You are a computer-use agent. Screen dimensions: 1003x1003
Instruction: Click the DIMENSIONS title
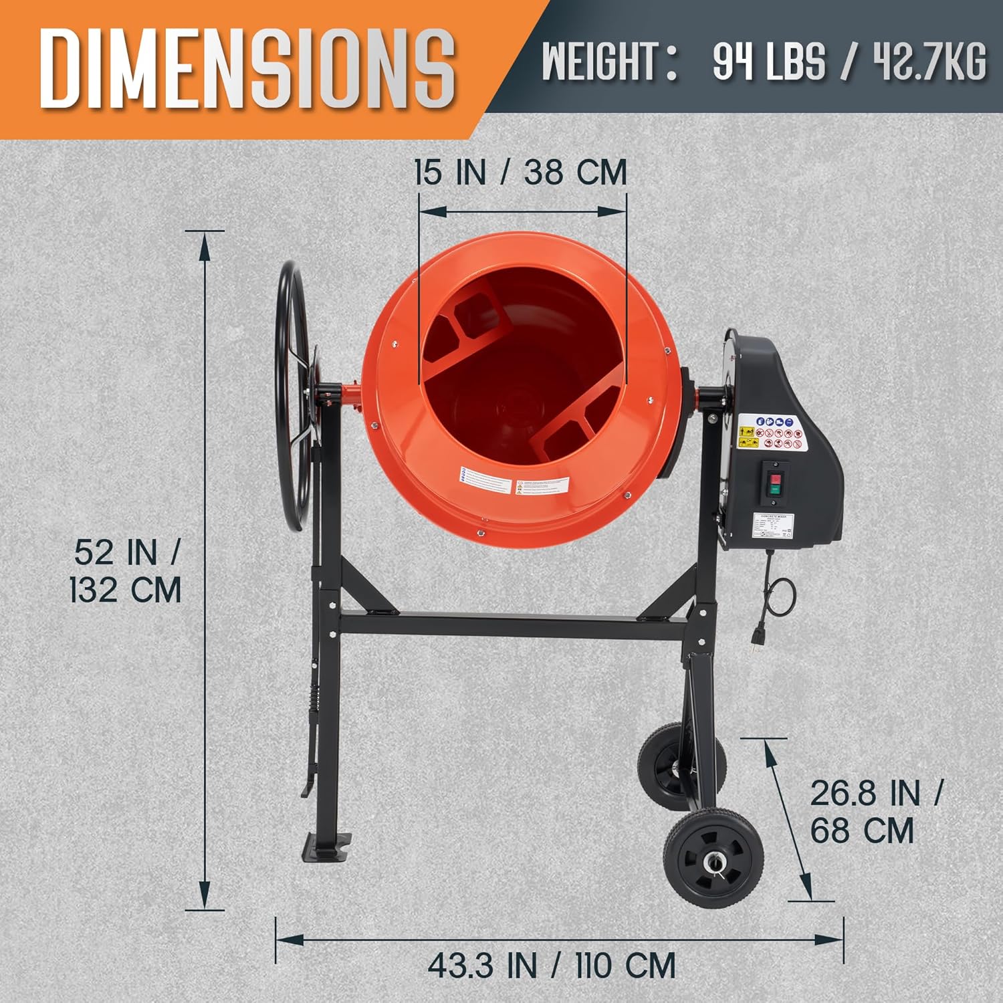pyautogui.click(x=247, y=68)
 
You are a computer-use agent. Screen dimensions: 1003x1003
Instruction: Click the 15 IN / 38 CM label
pyautogui.click(x=520, y=173)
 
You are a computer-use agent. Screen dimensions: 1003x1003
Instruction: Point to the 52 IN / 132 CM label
pyautogui.click(x=126, y=572)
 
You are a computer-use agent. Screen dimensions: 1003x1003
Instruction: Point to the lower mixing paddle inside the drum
pyautogui.click(x=575, y=428)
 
